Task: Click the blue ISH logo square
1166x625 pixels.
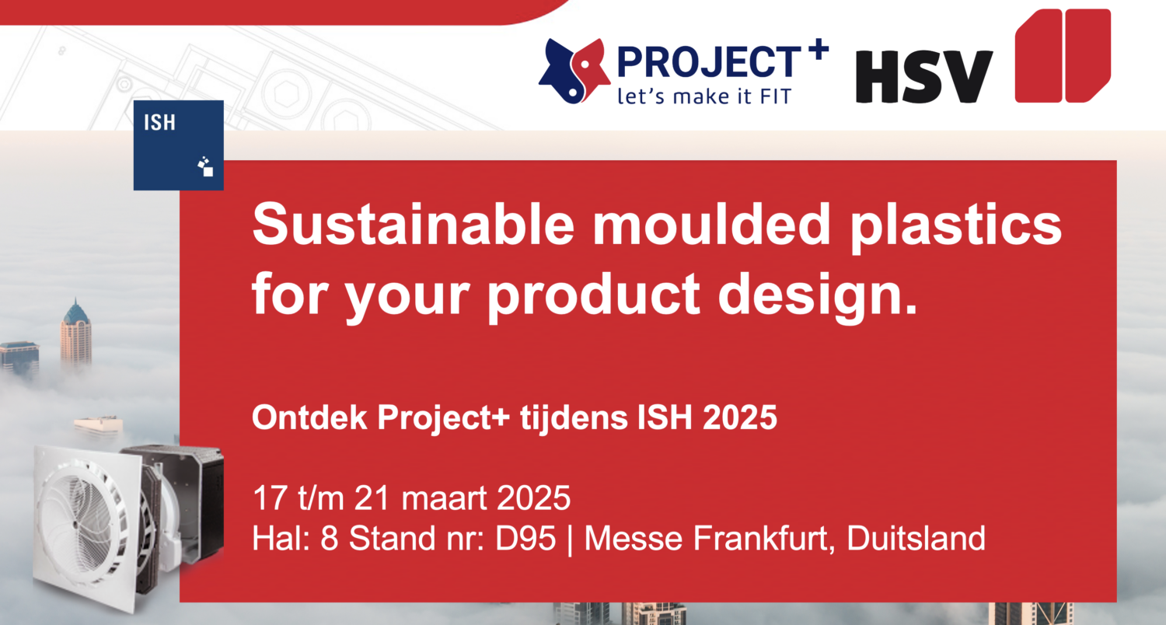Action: click(x=179, y=145)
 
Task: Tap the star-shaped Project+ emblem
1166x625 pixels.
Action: click(x=574, y=71)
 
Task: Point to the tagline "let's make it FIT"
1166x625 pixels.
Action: click(x=704, y=96)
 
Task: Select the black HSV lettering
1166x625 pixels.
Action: click(x=924, y=77)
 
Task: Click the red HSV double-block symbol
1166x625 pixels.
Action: click(x=1063, y=56)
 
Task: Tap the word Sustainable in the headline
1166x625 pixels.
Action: click(x=414, y=225)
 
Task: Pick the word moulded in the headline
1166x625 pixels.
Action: click(x=711, y=225)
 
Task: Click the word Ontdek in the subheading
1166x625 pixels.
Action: click(x=309, y=417)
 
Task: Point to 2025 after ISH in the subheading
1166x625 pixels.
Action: click(x=740, y=417)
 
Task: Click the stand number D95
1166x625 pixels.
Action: click(x=525, y=538)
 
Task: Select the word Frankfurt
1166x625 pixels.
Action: click(x=759, y=538)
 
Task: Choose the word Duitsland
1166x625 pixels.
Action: click(x=916, y=538)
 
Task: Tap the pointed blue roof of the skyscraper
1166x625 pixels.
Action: click(x=76, y=312)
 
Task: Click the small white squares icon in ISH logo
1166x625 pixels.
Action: click(x=205, y=166)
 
